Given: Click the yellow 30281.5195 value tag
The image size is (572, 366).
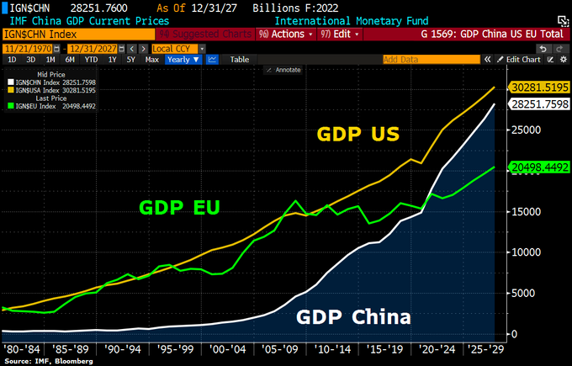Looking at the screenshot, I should coord(539,88).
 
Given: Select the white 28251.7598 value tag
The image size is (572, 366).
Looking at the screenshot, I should coord(539,104).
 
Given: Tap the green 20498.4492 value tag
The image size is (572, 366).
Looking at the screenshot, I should coord(539,167).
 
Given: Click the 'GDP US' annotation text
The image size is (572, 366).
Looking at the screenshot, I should coord(357,135).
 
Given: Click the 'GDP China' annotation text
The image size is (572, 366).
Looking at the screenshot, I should coord(352,317).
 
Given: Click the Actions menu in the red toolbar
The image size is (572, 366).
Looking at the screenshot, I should coord(283,34).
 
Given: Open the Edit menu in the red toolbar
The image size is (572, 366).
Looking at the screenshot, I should coord(337,34).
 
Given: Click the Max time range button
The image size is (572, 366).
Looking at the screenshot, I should coord(152,60).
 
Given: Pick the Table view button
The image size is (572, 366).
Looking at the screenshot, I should coord(240,60).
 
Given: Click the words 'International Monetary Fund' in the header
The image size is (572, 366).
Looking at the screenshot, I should coord(351,19).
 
